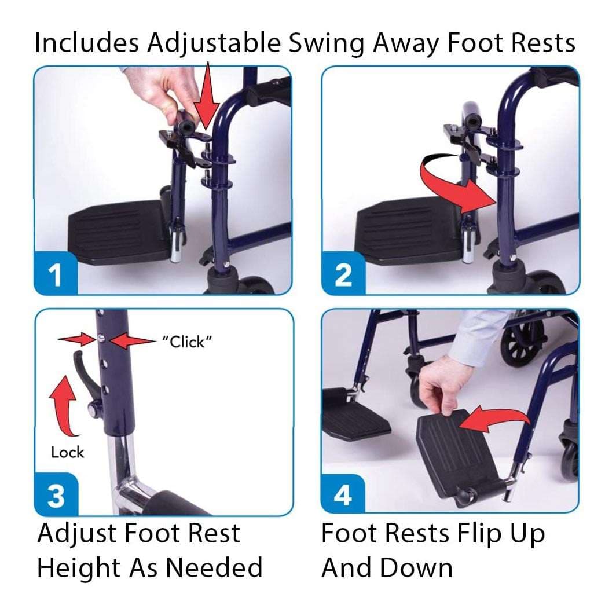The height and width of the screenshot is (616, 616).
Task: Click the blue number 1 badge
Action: (x=56, y=274)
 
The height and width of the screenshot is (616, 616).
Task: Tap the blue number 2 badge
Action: (x=343, y=274)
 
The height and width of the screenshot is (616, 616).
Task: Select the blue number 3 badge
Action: (x=56, y=495)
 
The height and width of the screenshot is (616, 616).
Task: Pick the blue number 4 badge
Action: (x=343, y=494)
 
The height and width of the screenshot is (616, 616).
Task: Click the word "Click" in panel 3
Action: (x=187, y=342)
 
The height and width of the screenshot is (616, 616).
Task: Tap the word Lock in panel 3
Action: (x=67, y=452)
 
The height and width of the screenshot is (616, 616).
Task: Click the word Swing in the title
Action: (x=327, y=43)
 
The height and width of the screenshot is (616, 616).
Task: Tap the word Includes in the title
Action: (x=87, y=42)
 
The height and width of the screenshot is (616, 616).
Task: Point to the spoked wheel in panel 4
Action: (x=522, y=342)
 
